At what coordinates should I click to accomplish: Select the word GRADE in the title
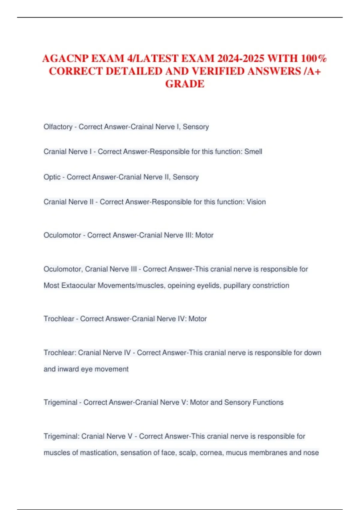tap(185, 84)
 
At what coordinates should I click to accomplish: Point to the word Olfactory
tap(58, 127)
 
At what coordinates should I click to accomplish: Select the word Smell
tap(253, 152)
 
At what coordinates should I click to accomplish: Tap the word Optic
tap(52, 177)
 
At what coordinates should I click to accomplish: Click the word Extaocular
tap(79, 285)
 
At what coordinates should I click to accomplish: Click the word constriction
tap(271, 285)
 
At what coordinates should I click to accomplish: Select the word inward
tap(68, 369)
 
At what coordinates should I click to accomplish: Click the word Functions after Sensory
tap(268, 402)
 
